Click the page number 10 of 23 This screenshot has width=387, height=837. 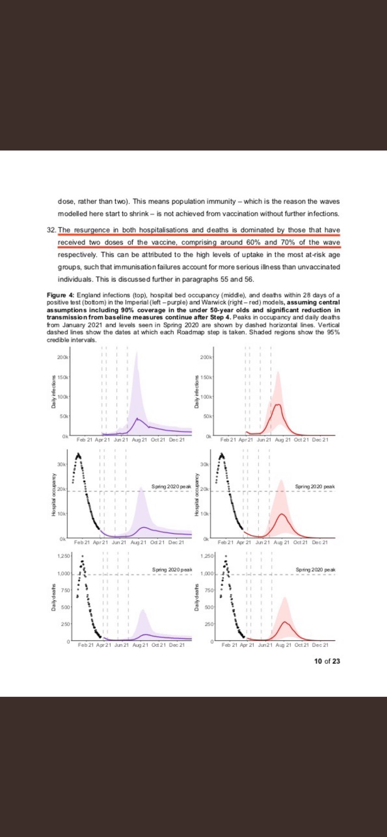pos(327,661)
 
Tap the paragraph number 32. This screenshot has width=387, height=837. pos(51,230)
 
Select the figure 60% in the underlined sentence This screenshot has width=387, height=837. pos(254,242)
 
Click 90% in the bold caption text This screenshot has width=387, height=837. pos(128,310)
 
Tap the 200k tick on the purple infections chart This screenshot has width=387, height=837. pos(63,357)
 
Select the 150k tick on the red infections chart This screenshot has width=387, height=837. pos(206,377)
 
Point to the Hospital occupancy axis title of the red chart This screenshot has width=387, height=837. pos(197,495)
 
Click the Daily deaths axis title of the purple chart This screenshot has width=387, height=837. pos(53,598)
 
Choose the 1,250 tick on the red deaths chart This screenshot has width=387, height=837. pos(207,556)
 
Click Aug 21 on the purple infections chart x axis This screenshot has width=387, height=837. pos(139,440)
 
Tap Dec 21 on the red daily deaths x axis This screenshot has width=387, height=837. pos(320,645)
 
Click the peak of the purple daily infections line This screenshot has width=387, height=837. pos(137,418)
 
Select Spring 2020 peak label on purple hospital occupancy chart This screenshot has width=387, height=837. pos(171,486)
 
